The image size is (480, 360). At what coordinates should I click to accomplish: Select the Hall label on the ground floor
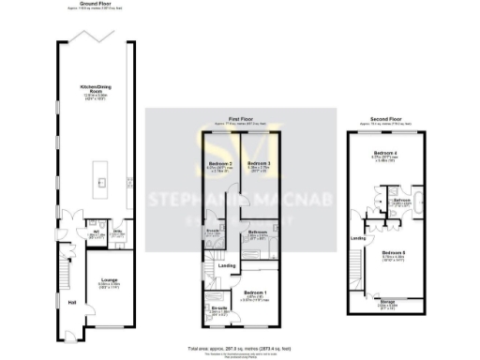point(73,303)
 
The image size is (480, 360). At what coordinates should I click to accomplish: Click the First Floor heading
point(240,119)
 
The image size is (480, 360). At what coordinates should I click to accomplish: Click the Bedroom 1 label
point(255,293)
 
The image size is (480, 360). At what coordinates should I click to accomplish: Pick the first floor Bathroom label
point(259,232)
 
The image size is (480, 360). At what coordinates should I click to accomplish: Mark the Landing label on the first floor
point(227,265)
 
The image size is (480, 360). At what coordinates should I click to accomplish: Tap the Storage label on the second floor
point(387,301)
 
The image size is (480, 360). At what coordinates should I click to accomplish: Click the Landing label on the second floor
point(357,237)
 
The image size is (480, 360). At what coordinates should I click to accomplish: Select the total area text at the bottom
point(240,345)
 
